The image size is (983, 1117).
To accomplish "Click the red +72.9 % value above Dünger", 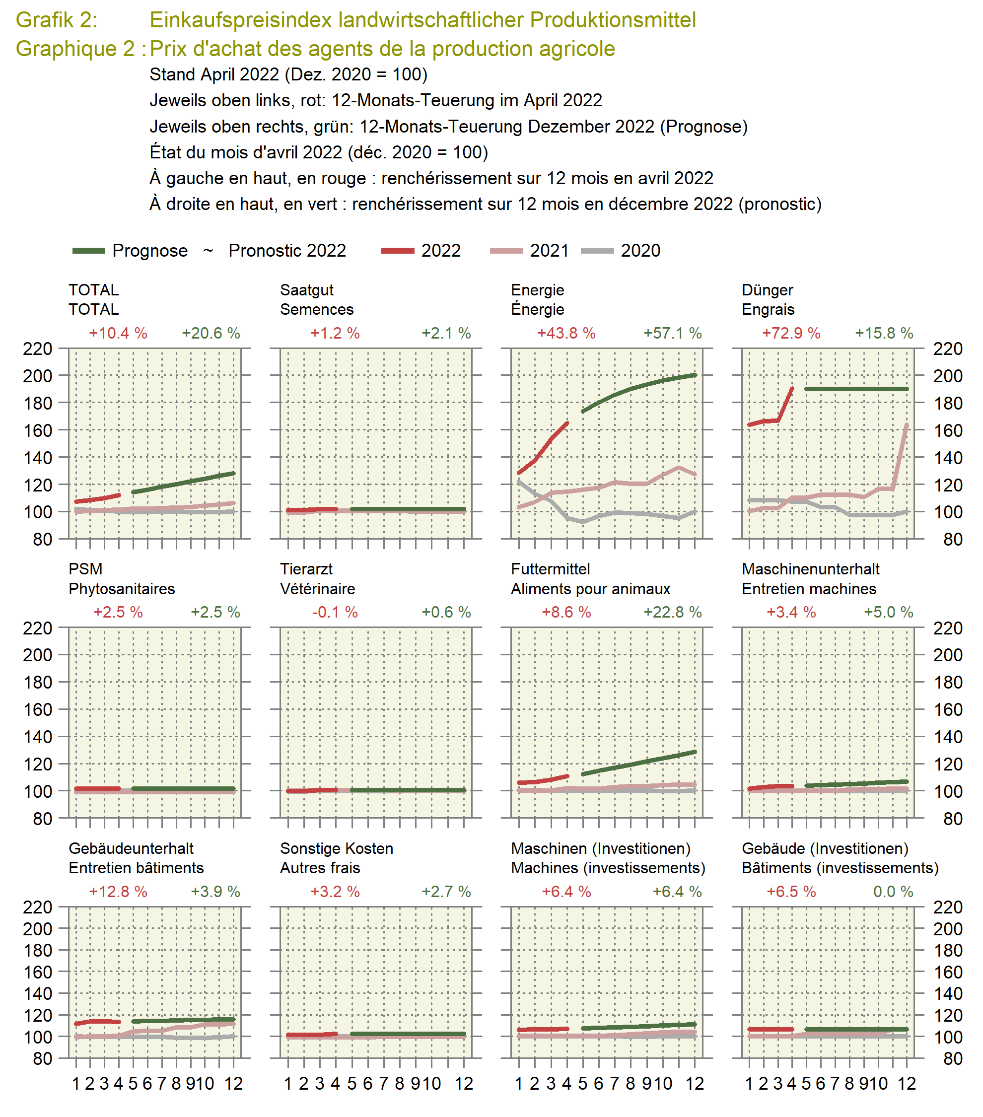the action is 791,333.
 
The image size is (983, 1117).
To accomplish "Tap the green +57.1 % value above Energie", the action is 672,333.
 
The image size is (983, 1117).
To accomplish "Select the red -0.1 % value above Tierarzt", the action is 335,612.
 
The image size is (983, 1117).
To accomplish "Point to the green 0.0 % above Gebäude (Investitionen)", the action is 893,891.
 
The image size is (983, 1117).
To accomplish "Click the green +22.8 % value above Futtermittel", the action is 672,612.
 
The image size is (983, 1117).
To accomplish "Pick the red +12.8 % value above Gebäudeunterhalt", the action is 118,891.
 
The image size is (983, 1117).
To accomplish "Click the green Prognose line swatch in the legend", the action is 88,251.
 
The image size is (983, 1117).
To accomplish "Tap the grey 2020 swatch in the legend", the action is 597,251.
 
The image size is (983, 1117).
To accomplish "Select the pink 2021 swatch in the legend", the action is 506,251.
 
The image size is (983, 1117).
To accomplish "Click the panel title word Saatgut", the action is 306,290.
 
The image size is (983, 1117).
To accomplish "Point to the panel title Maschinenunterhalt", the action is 810,569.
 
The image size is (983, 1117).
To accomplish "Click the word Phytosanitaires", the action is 122,589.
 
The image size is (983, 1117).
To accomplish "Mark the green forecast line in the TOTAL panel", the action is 183,483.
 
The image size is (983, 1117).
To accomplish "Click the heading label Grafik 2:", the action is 57,20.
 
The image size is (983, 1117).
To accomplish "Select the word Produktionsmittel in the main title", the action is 613,20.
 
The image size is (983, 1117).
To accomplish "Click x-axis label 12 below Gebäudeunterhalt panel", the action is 234,1084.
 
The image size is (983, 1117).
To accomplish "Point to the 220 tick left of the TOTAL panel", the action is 37,349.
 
